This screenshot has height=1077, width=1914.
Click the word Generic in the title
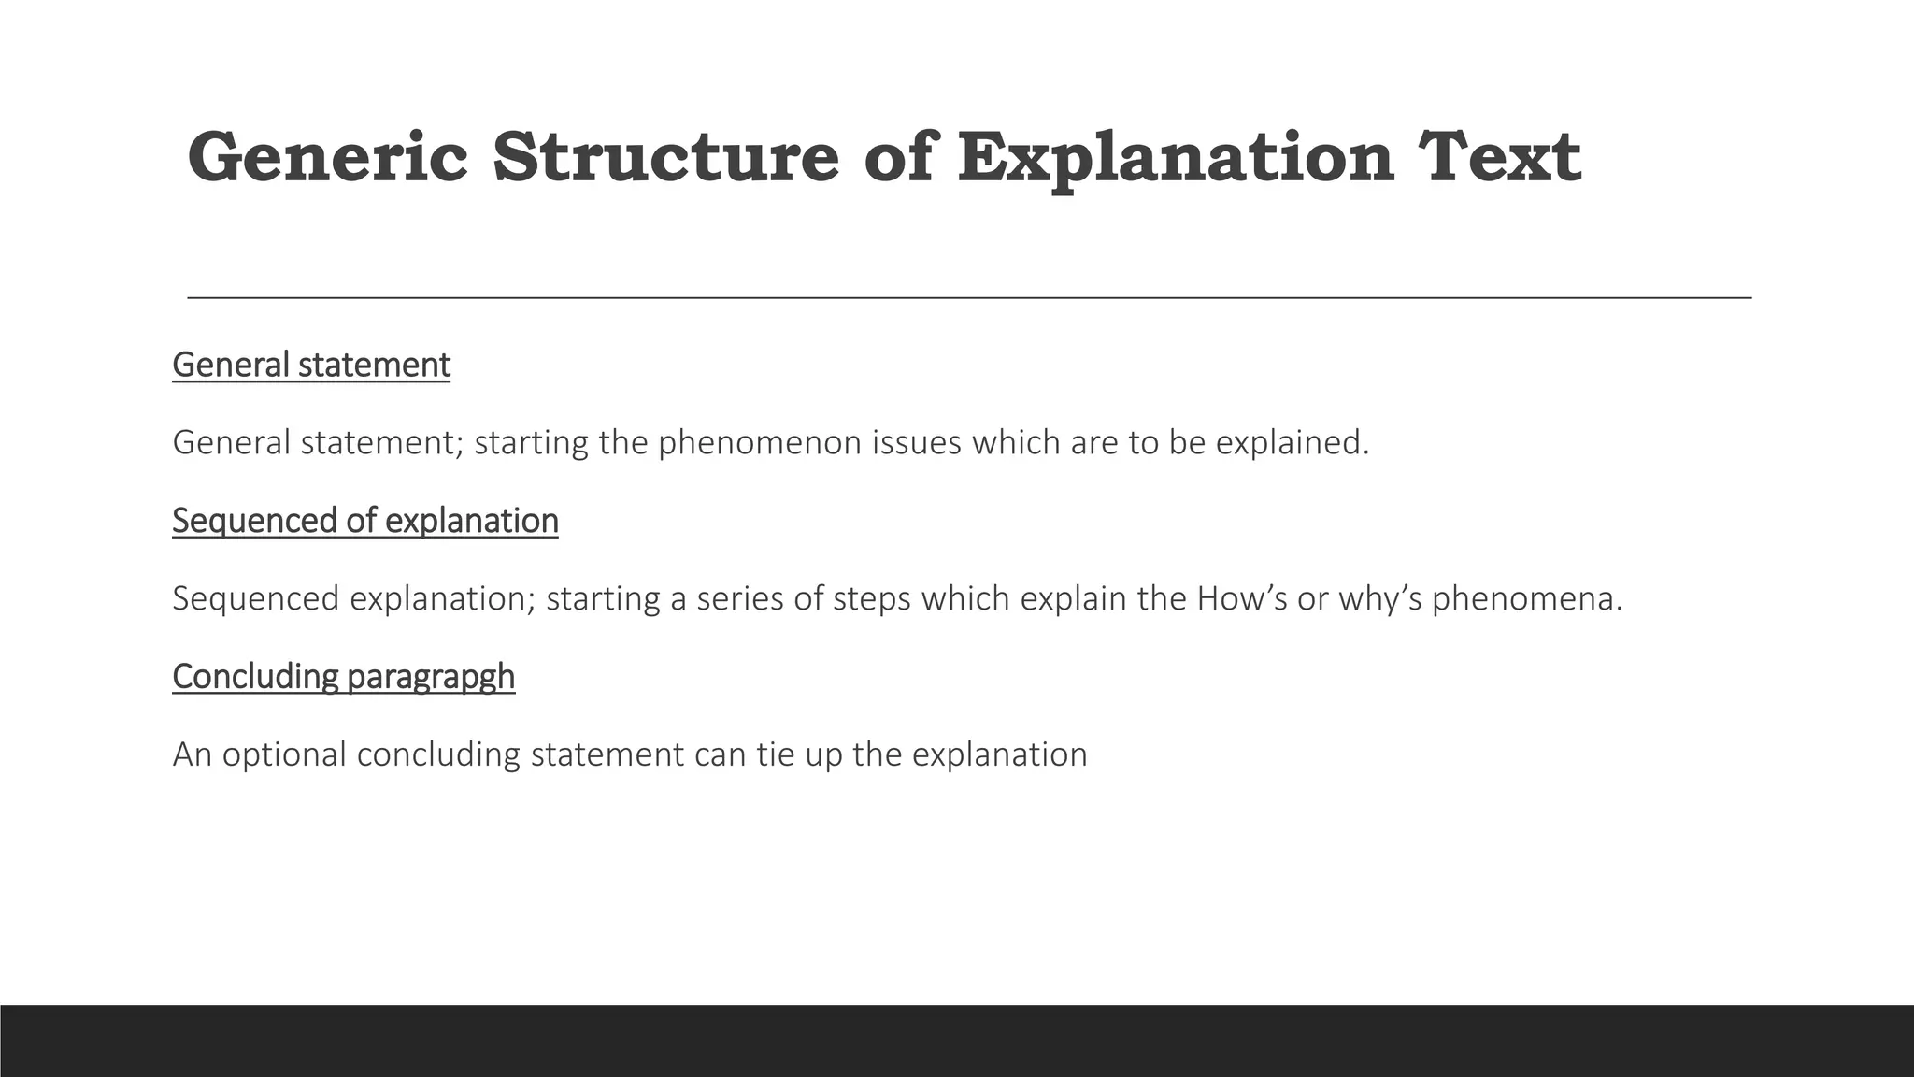[x=327, y=157]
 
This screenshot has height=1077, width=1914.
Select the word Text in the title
[x=1499, y=157]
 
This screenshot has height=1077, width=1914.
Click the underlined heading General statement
[x=311, y=365]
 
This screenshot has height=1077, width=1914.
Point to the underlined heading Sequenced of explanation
[x=365, y=521]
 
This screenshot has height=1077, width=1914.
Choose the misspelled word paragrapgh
[x=431, y=677]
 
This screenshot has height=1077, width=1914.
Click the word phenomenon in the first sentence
[x=760, y=443]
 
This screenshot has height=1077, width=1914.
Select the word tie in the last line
[x=775, y=754]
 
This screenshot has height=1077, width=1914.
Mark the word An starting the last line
[x=193, y=754]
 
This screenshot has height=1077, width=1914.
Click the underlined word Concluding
[x=255, y=677]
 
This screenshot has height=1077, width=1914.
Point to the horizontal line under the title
[x=969, y=297]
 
